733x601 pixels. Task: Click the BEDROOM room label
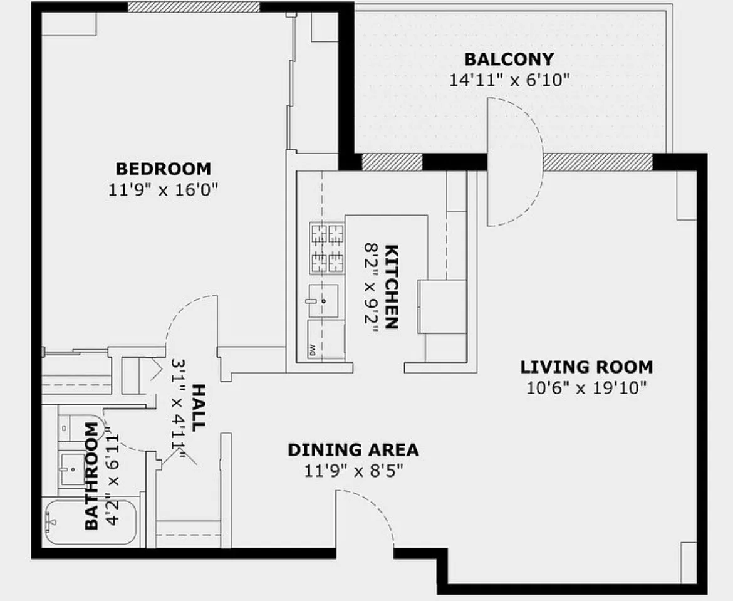163,169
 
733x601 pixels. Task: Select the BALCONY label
509,60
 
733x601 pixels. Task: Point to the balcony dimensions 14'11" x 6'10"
509,80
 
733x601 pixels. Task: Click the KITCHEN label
391,286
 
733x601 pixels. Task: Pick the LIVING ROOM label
586,367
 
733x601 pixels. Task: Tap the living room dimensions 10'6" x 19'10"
586,388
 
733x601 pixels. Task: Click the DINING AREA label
353,450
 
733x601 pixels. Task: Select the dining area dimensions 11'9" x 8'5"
353,471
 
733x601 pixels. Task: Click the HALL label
197,407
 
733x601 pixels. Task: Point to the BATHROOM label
91,476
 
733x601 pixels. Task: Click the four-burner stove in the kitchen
326,248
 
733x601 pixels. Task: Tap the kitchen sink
323,301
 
